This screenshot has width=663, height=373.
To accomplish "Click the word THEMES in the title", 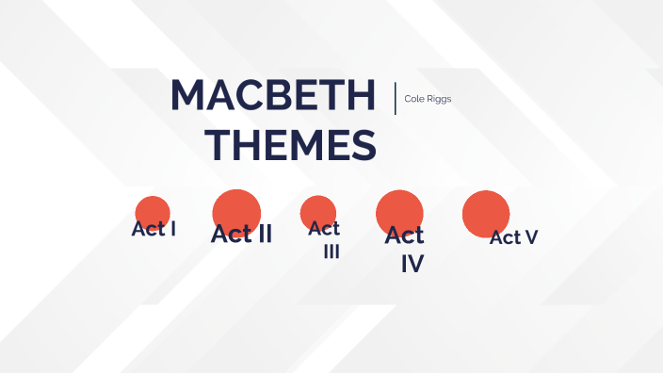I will pyautogui.click(x=291, y=146).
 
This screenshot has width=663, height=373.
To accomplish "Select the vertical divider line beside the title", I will pyautogui.click(x=396, y=98).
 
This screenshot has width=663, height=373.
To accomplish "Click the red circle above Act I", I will pyautogui.click(x=152, y=211).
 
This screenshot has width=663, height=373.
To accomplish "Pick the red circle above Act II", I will pyautogui.click(x=236, y=209).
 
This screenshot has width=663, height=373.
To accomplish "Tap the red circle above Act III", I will pyautogui.click(x=318, y=209).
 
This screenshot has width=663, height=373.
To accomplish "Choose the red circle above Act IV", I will pyautogui.click(x=399, y=211).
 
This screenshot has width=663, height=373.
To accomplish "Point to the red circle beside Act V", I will pyautogui.click(x=486, y=213).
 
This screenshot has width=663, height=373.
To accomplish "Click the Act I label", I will pyautogui.click(x=154, y=228).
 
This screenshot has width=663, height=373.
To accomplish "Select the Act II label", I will pyautogui.click(x=241, y=234).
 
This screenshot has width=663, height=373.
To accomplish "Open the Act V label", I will pyautogui.click(x=513, y=237).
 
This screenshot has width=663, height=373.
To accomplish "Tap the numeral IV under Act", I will pyautogui.click(x=412, y=264).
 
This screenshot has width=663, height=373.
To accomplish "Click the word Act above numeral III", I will pyautogui.click(x=324, y=228).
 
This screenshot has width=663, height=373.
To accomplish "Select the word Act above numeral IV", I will pyautogui.click(x=405, y=235).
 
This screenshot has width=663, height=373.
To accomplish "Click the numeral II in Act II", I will pyautogui.click(x=261, y=234).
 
